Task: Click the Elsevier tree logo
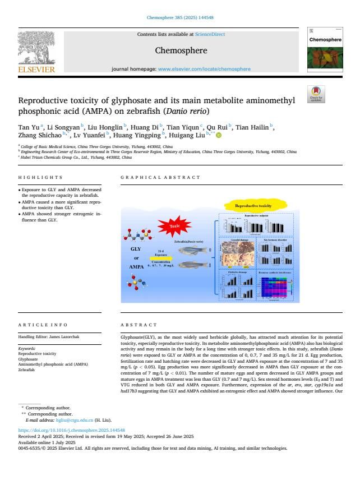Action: click(36, 49)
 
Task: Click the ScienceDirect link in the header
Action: click(210, 34)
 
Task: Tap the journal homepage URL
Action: click(204, 69)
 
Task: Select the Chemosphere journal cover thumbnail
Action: click(325, 50)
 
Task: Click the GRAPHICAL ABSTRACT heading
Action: click(160, 177)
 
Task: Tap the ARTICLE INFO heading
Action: click(42, 325)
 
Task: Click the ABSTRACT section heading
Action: click(139, 325)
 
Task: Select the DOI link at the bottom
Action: click(71, 431)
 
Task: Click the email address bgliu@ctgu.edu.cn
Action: click(73, 420)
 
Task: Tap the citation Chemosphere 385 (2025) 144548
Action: click(179, 17)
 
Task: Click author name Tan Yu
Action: click(29, 127)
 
